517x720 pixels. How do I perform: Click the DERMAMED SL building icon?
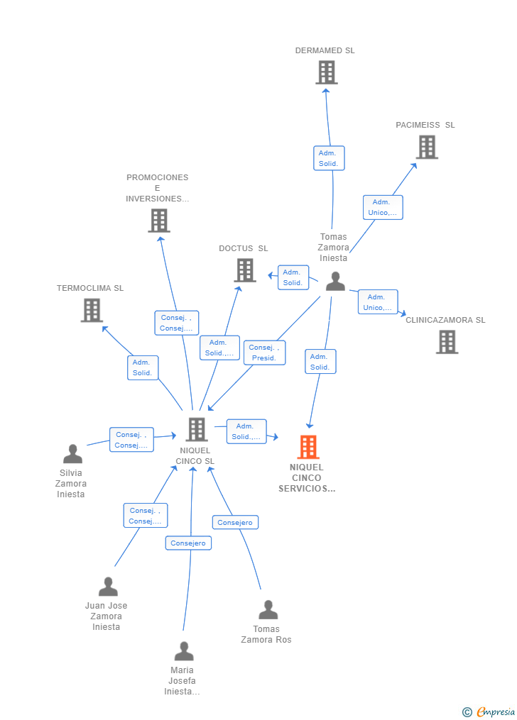[x=326, y=72]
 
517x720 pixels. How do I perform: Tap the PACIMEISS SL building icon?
[x=426, y=147]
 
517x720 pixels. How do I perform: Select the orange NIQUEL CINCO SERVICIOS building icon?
[x=308, y=447]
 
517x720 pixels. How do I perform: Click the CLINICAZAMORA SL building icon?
[x=447, y=342]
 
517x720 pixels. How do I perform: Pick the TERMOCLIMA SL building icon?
[x=92, y=310]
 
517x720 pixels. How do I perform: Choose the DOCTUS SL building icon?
[x=244, y=270]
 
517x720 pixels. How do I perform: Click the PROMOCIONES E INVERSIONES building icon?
[x=158, y=221]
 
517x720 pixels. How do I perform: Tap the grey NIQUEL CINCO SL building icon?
[x=196, y=429]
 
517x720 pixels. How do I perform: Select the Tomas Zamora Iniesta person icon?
[x=334, y=282]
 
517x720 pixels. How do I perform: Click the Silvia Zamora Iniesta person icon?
[x=72, y=454]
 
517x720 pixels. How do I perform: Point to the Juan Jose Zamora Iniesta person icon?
[x=108, y=587]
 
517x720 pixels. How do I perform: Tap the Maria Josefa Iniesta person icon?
[x=184, y=651]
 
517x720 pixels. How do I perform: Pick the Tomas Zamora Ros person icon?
[x=268, y=610]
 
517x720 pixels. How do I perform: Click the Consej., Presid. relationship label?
[x=264, y=353]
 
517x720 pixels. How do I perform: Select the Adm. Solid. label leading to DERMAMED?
[x=329, y=158]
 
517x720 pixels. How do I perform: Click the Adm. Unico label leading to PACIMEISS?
[x=383, y=207]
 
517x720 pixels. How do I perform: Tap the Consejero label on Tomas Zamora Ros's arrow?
[x=235, y=522]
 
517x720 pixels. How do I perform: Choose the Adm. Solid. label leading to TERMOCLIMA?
[x=143, y=367]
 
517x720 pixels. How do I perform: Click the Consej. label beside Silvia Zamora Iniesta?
[x=131, y=440]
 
